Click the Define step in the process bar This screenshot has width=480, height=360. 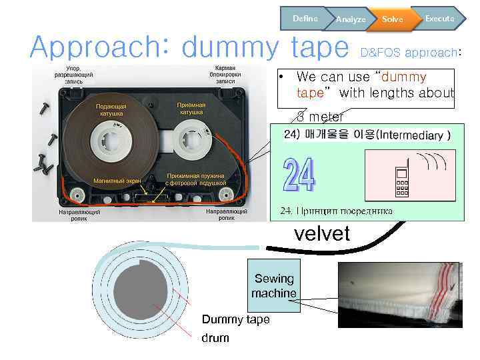[305, 18]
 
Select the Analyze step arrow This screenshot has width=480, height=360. [351, 19]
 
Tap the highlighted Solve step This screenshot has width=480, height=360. [392, 19]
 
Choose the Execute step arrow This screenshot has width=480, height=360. [439, 18]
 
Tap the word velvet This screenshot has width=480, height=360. [322, 233]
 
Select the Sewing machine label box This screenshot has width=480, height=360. [273, 285]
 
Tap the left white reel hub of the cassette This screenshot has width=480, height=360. [108, 141]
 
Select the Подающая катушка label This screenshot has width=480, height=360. [111, 110]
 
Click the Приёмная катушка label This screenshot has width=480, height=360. [191, 109]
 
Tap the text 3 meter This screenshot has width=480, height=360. [320, 117]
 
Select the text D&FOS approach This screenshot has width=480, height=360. [410, 51]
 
